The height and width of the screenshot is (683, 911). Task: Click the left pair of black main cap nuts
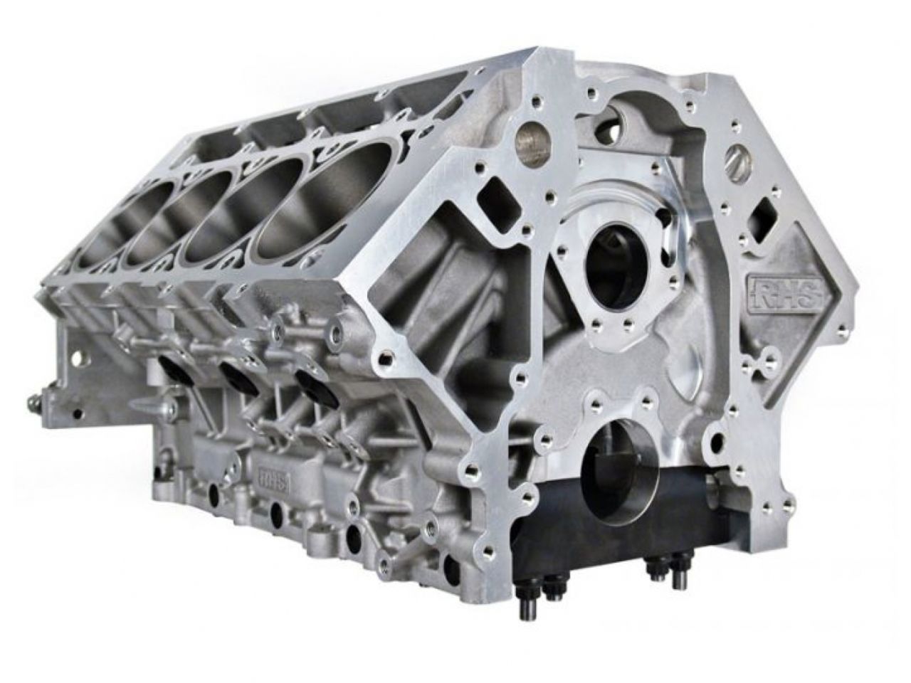click(542, 595)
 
